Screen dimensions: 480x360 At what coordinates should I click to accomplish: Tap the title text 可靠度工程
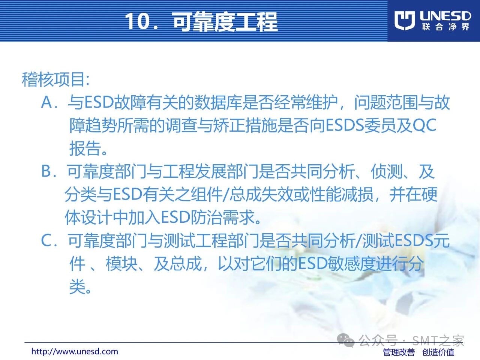pos(225,21)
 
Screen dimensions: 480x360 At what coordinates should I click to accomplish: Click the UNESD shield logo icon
pos(404,21)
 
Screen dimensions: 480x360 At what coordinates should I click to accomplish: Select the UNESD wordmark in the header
pos(445,16)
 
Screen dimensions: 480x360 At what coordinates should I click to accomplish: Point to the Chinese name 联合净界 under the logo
pos(445,27)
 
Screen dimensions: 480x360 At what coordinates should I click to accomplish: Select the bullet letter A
pos(46,102)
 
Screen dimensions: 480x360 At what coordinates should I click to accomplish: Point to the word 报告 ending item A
pos(85,148)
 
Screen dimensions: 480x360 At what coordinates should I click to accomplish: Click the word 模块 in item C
pos(122,264)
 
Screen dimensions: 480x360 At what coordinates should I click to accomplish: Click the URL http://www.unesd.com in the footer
pos(75,351)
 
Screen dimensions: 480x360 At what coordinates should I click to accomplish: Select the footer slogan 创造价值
pos(438,352)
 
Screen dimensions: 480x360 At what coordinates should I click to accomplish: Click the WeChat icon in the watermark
pos(346,340)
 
